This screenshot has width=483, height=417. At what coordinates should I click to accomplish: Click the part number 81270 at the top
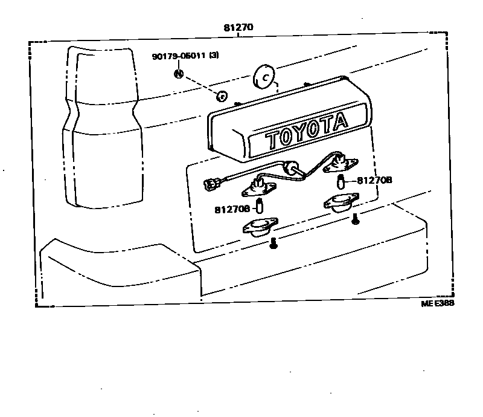pos(238,27)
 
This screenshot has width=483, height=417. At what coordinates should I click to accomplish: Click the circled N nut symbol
pos(179,74)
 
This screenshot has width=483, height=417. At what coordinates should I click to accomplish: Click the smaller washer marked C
pos(221,95)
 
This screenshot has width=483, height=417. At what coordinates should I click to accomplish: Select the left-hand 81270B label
pos(231,209)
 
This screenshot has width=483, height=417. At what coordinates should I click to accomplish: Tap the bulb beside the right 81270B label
pos(341,180)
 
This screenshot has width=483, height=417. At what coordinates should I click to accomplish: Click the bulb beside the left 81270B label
pos(260,206)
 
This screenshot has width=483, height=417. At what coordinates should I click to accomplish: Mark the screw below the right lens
pos(355,220)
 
